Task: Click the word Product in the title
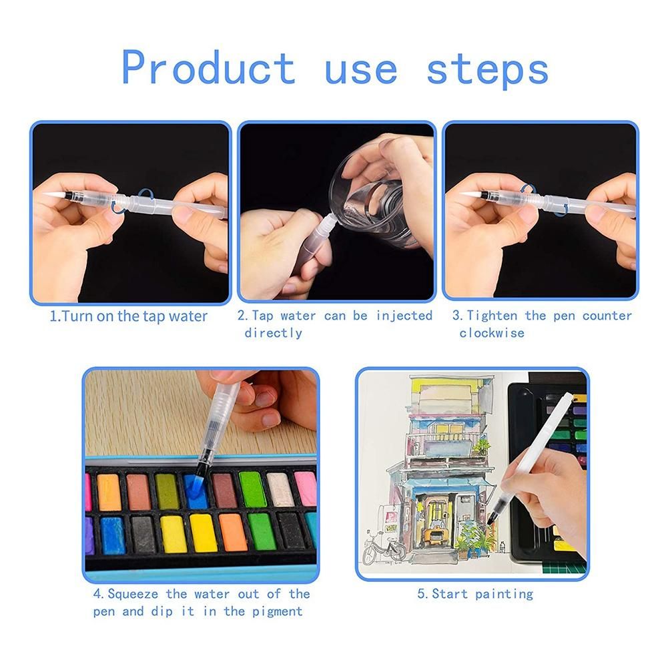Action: [208, 67]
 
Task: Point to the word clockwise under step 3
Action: [492, 333]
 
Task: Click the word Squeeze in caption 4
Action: [133, 595]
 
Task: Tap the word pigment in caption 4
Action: [277, 612]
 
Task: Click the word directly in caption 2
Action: [273, 333]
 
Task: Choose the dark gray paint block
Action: [142, 535]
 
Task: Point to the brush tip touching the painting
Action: [490, 520]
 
